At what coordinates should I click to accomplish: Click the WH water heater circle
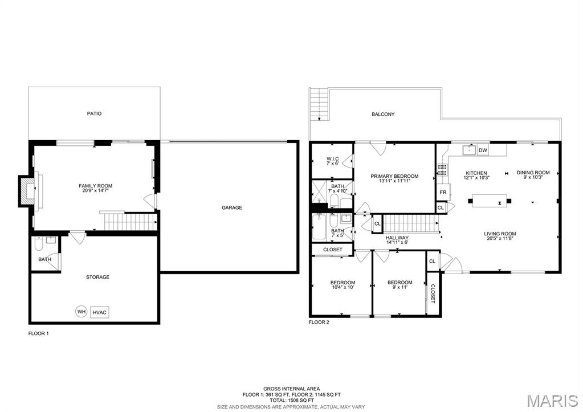point(81,312)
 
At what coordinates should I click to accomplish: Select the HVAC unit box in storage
point(99,312)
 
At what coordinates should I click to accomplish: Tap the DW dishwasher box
point(483,150)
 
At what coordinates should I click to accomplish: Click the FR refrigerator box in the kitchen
point(443,193)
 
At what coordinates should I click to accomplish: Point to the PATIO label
point(94,113)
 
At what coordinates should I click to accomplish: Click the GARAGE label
point(232,207)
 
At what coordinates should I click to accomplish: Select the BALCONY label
point(383,114)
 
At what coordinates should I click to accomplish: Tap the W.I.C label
point(333,159)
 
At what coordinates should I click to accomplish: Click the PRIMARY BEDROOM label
point(394,176)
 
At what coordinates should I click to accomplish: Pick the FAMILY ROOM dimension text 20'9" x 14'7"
point(96,190)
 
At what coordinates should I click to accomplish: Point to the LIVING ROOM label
point(500,234)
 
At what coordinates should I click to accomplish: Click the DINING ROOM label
point(533,173)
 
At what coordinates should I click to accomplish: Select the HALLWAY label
point(397,238)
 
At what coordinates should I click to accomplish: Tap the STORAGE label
point(98,277)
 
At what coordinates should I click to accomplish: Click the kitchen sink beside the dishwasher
point(469,150)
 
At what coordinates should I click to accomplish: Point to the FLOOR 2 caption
point(319,323)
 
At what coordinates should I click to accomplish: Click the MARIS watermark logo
point(553,401)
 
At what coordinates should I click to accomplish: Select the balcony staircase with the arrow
point(319,104)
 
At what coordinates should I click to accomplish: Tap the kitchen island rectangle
point(490,201)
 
